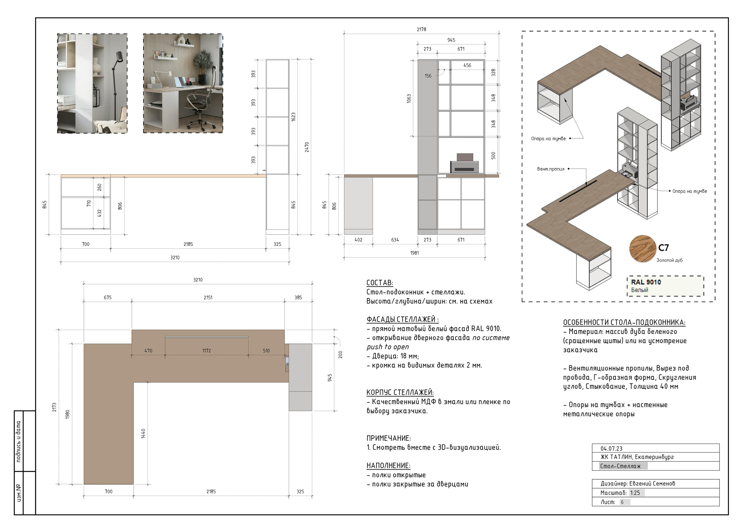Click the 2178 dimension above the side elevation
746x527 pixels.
[421, 29]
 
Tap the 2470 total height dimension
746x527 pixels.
[307, 147]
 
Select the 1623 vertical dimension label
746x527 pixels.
[293, 117]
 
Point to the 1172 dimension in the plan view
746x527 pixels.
[207, 351]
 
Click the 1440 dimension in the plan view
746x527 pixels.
[143, 434]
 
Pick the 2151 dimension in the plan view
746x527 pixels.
[208, 298]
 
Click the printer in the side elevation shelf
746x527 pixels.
[464, 163]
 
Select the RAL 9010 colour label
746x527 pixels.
[646, 282]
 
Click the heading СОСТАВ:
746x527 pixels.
[380, 283]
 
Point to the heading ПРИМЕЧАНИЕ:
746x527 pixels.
[389, 438]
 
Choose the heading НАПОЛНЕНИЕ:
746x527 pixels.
[388, 466]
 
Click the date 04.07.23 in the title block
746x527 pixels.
[611, 449]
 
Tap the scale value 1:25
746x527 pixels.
[635, 493]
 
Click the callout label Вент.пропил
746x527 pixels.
[551, 169]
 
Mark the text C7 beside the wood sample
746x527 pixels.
[664, 248]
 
